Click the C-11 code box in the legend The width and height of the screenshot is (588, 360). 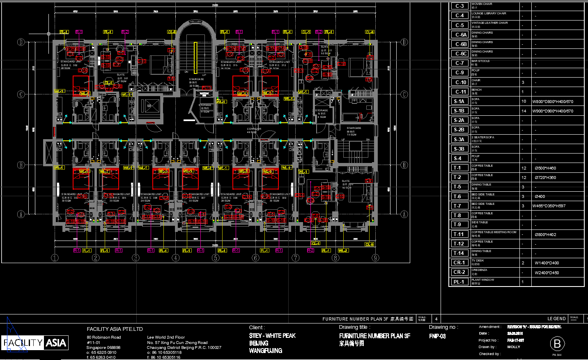point(459,92)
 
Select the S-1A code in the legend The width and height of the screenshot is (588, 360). point(459,101)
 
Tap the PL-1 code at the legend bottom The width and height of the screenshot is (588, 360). point(459,282)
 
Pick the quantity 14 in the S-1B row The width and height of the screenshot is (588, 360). point(524,111)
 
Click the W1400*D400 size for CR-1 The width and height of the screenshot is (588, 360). point(547,263)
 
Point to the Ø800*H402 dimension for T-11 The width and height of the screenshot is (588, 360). point(545,235)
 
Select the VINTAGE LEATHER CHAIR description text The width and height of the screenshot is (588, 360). point(489,23)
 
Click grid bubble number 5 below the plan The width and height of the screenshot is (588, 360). point(216,258)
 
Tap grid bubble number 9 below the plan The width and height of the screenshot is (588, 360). point(375,258)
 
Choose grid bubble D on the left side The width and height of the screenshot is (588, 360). point(21,42)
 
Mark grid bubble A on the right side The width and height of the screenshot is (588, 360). point(404,214)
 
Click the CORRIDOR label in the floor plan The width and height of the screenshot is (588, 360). point(254,129)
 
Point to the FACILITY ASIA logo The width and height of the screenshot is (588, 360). point(34,343)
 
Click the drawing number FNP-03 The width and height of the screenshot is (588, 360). point(437,336)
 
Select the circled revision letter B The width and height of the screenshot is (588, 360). point(557,344)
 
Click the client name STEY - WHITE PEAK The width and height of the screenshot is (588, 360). point(272,336)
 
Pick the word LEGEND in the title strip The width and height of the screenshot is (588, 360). point(556,319)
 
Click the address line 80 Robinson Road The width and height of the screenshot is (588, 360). point(104,337)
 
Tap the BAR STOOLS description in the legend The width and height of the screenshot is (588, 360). point(480,61)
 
